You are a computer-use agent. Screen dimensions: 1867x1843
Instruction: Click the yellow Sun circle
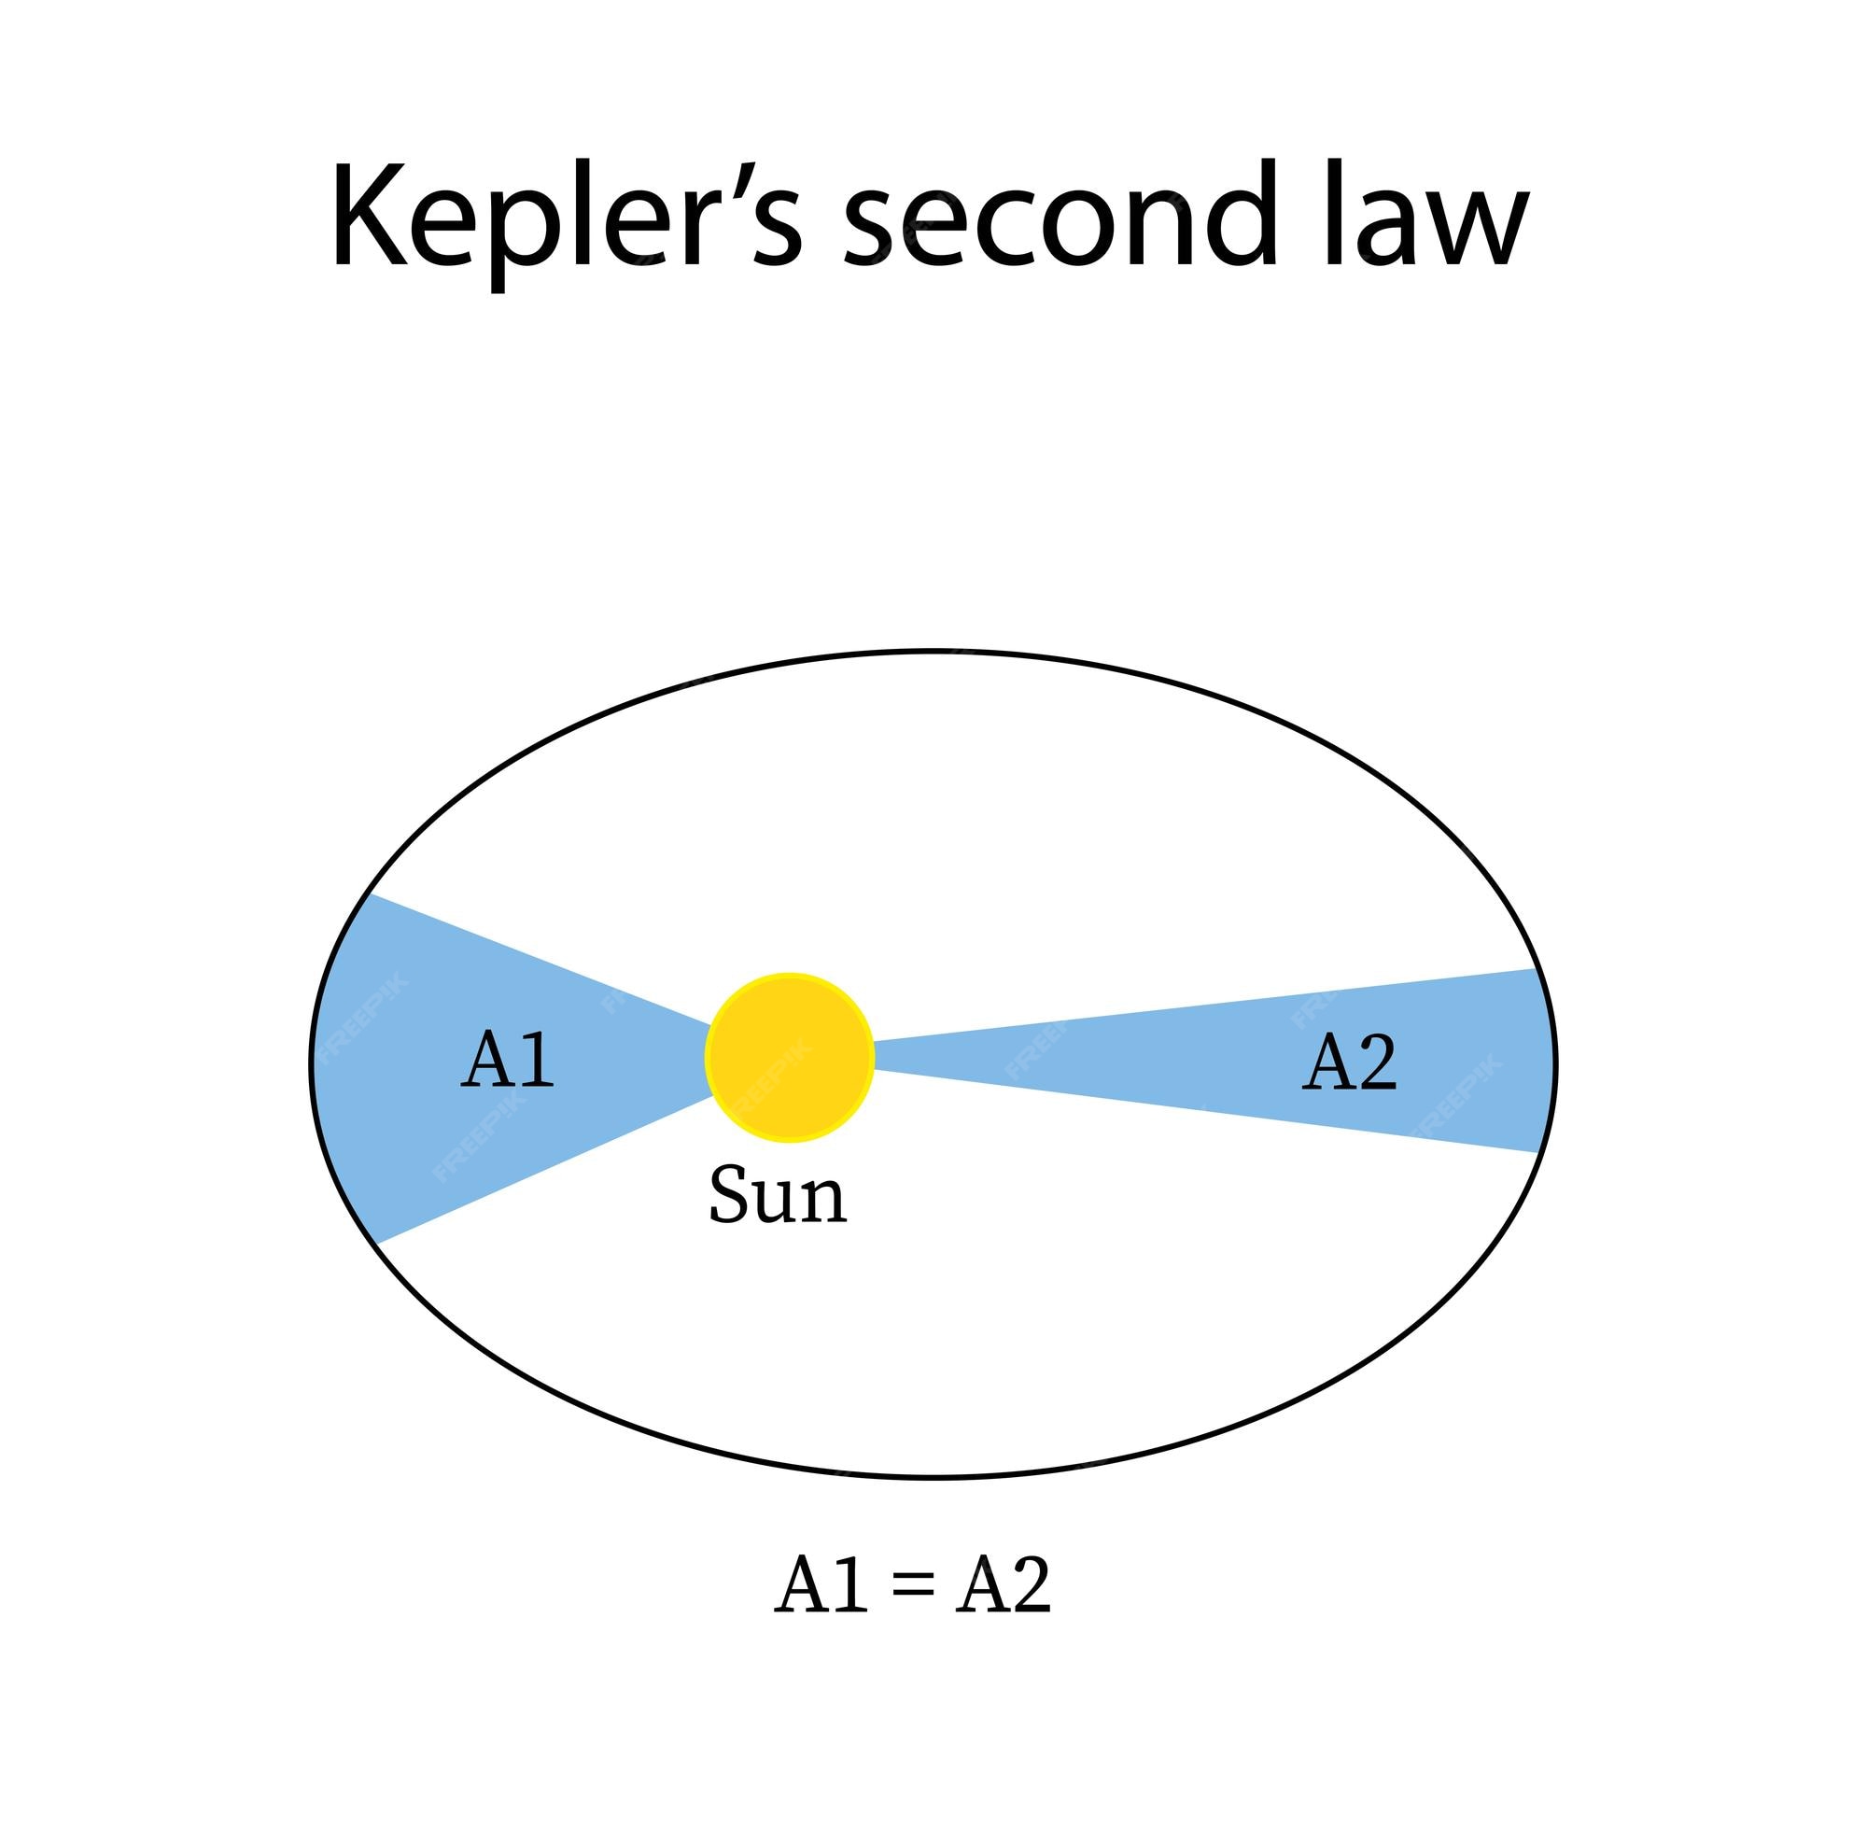(x=790, y=1056)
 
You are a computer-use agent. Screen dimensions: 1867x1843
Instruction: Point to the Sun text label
(x=778, y=1195)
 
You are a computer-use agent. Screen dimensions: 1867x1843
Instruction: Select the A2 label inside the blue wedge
(x=1349, y=1062)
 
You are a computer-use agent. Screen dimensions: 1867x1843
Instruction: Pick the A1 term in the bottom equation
(x=821, y=1586)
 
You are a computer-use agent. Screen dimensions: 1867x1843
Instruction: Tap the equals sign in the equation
(x=911, y=1588)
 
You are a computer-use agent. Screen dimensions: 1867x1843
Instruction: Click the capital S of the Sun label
(x=729, y=1194)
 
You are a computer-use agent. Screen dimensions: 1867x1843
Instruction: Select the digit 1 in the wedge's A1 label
(x=539, y=1060)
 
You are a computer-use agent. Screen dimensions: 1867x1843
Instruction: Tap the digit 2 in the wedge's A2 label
(x=1377, y=1062)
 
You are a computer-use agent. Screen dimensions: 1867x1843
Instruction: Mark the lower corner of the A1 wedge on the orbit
(x=380, y=1243)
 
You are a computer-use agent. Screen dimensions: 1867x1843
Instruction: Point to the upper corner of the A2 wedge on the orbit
(x=1536, y=968)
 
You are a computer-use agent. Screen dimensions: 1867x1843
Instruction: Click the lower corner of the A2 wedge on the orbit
(x=1538, y=1152)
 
